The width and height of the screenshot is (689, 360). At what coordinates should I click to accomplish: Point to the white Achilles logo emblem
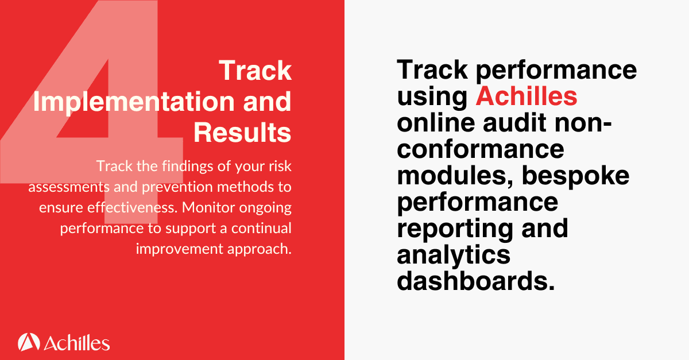(x=28, y=342)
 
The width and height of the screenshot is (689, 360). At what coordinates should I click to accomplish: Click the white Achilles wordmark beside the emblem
(x=76, y=343)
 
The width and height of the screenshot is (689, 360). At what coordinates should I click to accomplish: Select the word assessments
(x=61, y=187)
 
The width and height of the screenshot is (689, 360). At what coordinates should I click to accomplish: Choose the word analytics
(x=454, y=255)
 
